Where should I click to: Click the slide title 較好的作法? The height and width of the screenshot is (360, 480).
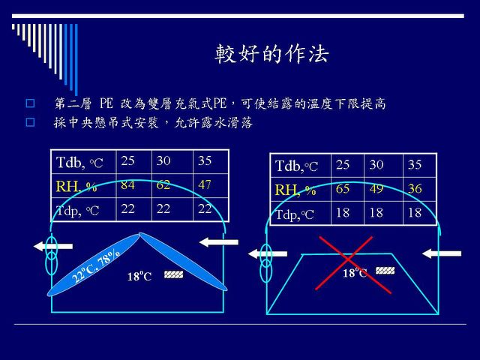271,53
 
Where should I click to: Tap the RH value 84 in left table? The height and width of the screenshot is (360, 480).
127,184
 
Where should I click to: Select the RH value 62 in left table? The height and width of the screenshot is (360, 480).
163,184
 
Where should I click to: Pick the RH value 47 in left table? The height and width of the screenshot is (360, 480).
205,184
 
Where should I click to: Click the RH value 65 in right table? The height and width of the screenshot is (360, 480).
343,188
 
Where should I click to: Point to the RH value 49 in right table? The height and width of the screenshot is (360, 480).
376,188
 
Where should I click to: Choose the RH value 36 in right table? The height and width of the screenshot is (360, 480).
415,188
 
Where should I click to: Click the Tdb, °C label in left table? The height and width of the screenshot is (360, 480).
79,162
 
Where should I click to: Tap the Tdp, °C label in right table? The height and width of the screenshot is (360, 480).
295,214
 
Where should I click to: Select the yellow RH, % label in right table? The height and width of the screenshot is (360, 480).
295,190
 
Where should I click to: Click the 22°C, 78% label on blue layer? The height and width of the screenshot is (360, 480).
96,265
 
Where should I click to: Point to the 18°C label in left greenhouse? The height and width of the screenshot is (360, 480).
139,276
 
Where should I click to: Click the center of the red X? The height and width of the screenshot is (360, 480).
348,259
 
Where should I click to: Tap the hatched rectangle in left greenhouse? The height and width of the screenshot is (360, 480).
173,274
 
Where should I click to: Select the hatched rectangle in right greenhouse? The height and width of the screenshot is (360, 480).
385,271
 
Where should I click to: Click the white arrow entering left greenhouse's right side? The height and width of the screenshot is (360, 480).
218,242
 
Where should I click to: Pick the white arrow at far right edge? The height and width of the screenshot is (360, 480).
442,253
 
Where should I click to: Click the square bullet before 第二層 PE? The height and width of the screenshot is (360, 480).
30,103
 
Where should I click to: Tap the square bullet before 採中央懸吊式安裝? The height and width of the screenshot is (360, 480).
30,122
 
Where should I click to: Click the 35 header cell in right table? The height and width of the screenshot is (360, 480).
415,165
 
